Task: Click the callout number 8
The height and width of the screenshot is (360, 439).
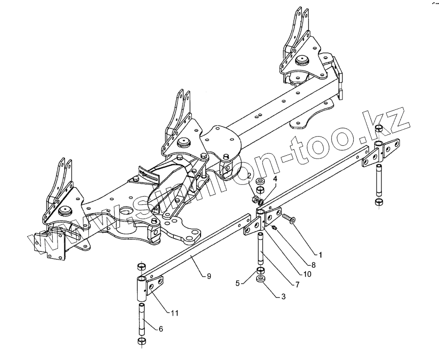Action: [313, 265]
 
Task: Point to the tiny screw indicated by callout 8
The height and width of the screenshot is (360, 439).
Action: [275, 227]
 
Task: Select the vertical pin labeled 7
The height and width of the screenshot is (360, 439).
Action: [261, 249]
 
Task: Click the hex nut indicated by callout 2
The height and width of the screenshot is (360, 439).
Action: [254, 199]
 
